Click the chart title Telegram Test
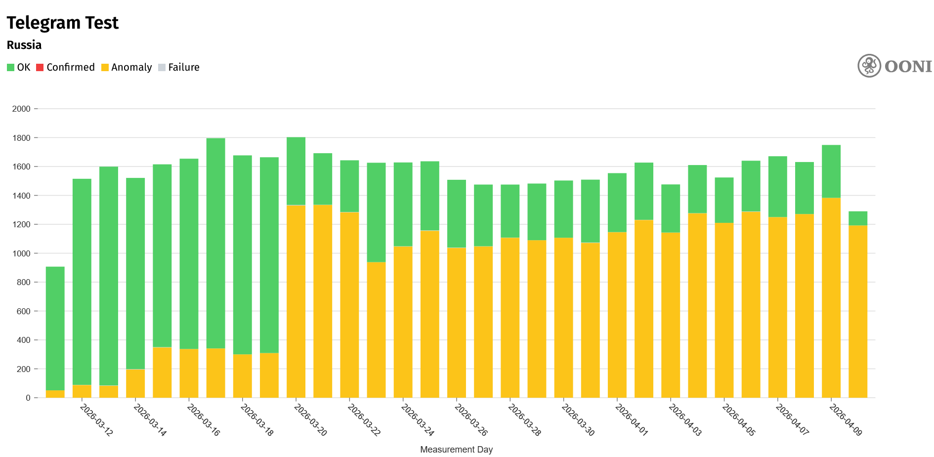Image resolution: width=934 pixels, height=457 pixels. (63, 23)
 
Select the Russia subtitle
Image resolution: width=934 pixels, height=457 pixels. (24, 45)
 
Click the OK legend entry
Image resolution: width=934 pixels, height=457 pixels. (19, 67)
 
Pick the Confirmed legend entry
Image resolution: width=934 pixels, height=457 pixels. (65, 67)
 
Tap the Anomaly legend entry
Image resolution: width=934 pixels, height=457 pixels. (127, 67)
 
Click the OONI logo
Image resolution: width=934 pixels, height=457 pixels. (894, 66)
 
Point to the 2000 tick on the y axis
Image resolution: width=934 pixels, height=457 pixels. (21, 109)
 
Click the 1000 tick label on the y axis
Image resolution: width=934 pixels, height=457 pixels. (21, 253)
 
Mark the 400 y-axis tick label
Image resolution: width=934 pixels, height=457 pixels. (23, 340)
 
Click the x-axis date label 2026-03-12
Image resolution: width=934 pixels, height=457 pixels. (97, 420)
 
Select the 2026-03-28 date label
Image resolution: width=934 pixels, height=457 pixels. (525, 420)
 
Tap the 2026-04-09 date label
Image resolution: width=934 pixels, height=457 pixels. (846, 420)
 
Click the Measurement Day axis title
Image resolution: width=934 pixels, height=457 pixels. (456, 450)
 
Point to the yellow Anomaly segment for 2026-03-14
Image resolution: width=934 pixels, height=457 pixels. (135, 383)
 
